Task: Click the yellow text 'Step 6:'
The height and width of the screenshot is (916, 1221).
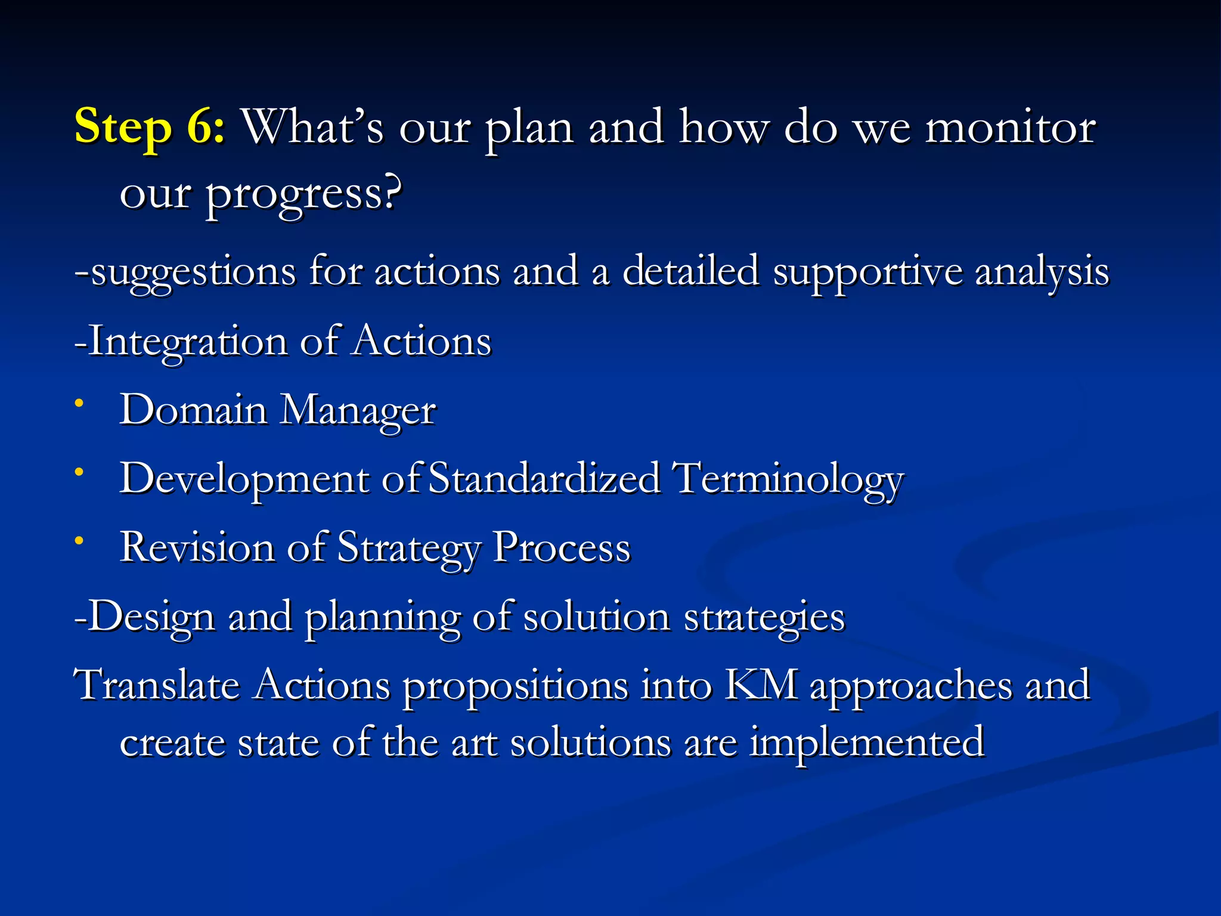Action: (x=149, y=127)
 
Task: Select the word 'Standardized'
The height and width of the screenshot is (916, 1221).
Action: (x=544, y=479)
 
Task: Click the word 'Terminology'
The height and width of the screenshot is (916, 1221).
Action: (x=788, y=479)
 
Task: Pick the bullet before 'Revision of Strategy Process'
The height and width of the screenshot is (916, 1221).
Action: (x=79, y=540)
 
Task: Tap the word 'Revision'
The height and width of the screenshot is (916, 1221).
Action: (x=197, y=547)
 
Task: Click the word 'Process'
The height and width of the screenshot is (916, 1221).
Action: (x=562, y=547)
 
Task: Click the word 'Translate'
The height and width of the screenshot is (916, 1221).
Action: (x=156, y=685)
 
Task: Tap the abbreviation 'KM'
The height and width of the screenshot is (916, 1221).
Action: (x=761, y=685)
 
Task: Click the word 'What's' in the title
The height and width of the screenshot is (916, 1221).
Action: (x=312, y=127)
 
